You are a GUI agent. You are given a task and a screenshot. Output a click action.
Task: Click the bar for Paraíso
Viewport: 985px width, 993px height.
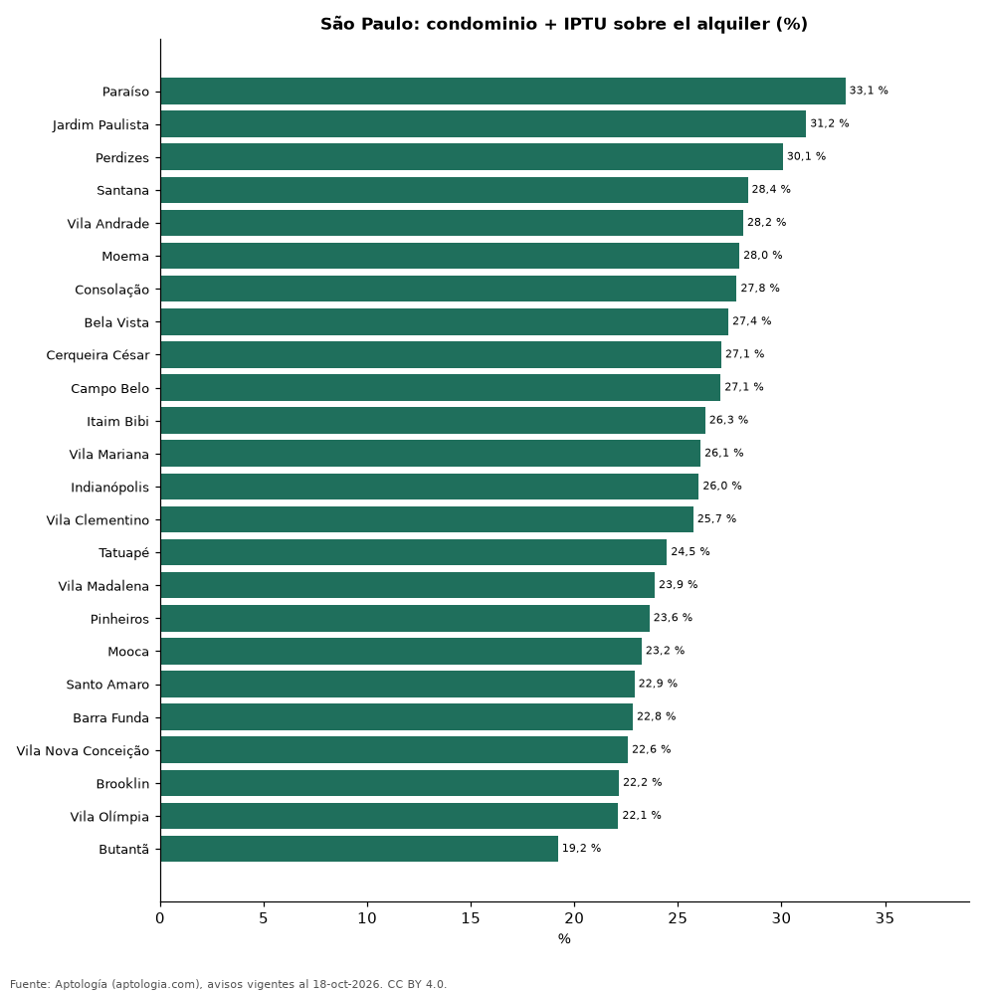[503, 92]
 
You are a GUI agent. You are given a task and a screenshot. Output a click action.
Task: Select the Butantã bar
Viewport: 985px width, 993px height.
[359, 849]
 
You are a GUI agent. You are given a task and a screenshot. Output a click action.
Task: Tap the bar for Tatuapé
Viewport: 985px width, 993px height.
[414, 552]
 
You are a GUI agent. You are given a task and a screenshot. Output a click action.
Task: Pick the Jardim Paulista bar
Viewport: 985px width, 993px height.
[484, 124]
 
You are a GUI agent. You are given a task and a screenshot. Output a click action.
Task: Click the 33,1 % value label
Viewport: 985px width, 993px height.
[869, 91]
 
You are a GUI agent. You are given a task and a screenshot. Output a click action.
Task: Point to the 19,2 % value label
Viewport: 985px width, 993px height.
[581, 848]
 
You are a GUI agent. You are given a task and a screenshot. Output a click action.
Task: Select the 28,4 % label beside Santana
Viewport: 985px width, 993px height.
[771, 189]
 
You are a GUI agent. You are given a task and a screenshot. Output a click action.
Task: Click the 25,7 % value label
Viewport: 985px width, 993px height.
[716, 518]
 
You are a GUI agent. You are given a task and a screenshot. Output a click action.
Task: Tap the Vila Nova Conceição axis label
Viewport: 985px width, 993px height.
[83, 751]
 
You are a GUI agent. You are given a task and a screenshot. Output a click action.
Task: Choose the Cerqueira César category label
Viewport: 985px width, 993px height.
[98, 355]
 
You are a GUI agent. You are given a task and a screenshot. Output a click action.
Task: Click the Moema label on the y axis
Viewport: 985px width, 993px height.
[125, 257]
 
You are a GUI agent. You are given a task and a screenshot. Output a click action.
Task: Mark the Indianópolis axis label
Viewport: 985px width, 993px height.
[109, 488]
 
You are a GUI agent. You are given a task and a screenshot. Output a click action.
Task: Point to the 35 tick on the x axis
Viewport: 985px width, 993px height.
[885, 918]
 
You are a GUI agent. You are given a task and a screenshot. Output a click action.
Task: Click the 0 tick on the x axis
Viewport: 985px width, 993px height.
[160, 918]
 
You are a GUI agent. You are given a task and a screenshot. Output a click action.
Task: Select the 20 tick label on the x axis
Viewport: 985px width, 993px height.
[574, 918]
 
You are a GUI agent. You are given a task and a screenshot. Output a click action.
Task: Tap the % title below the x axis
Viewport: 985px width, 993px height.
[564, 939]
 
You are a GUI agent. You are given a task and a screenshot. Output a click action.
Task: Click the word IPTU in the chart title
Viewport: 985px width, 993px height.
[585, 24]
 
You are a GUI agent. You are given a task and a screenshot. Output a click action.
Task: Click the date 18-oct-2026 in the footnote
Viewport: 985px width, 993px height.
[347, 984]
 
